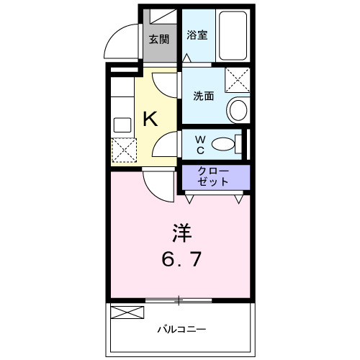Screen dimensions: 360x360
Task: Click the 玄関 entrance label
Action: point(158,39)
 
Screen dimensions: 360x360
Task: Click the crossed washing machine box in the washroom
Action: point(236,80)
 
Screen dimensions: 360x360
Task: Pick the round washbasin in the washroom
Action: point(237,110)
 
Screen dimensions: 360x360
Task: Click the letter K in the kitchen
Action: point(150,120)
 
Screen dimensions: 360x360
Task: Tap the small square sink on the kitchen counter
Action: point(122,123)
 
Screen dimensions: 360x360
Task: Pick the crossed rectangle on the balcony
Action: point(127,312)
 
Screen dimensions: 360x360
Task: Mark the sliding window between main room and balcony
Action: point(179,300)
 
